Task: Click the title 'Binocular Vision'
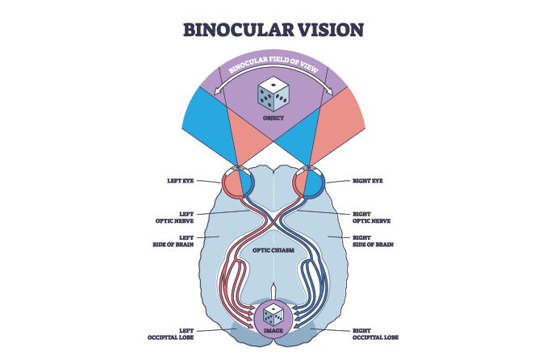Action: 274,30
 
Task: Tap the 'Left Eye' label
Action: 180,182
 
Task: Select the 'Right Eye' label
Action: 368,182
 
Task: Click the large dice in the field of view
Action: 273,96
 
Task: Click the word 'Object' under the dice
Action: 273,119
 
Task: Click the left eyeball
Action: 236,182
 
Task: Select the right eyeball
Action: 311,182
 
